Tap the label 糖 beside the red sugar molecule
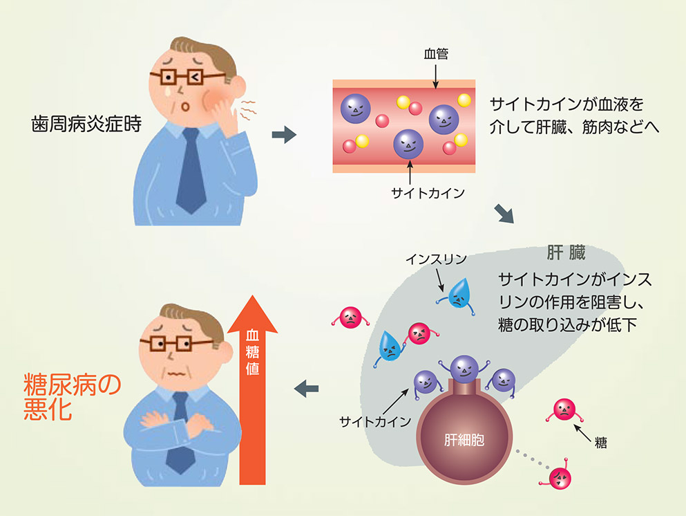coord(600,443)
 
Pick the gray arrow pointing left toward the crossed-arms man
coord(306,389)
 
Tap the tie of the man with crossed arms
coord(181,428)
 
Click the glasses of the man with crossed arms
coord(166,343)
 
